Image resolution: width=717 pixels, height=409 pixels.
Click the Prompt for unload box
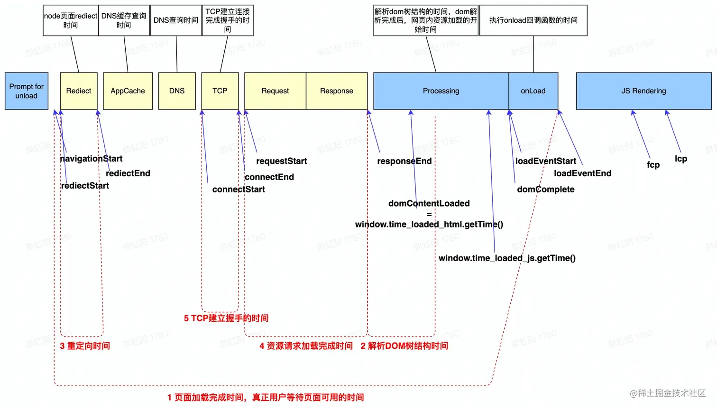tap(27, 91)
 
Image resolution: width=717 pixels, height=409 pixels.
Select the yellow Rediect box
tap(79, 91)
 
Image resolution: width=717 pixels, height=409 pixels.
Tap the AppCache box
tap(128, 91)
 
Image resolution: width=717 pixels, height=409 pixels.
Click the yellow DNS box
tap(177, 91)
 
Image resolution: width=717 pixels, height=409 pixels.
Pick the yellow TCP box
tap(220, 91)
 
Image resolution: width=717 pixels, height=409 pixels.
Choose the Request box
tap(275, 91)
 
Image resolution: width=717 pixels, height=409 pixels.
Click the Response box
tap(337, 91)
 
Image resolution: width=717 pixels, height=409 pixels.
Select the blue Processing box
tap(441, 91)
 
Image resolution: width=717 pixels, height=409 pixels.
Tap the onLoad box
tap(533, 91)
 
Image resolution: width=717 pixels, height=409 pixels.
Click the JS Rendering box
tap(643, 91)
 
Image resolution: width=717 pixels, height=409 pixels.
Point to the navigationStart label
tap(91, 159)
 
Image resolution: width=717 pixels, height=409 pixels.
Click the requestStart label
tap(282, 161)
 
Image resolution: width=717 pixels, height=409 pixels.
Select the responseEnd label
tap(404, 161)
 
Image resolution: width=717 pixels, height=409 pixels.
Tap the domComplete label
tap(545, 190)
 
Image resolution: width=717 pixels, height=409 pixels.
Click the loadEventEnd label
tap(582, 173)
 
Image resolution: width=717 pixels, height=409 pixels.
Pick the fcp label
tap(653, 164)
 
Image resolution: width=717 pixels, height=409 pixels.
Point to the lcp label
tap(681, 159)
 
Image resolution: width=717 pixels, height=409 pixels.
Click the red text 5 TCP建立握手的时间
tap(226, 318)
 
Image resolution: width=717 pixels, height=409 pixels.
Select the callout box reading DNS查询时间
tap(176, 20)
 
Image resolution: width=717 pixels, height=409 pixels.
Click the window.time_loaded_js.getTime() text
tap(507, 258)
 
